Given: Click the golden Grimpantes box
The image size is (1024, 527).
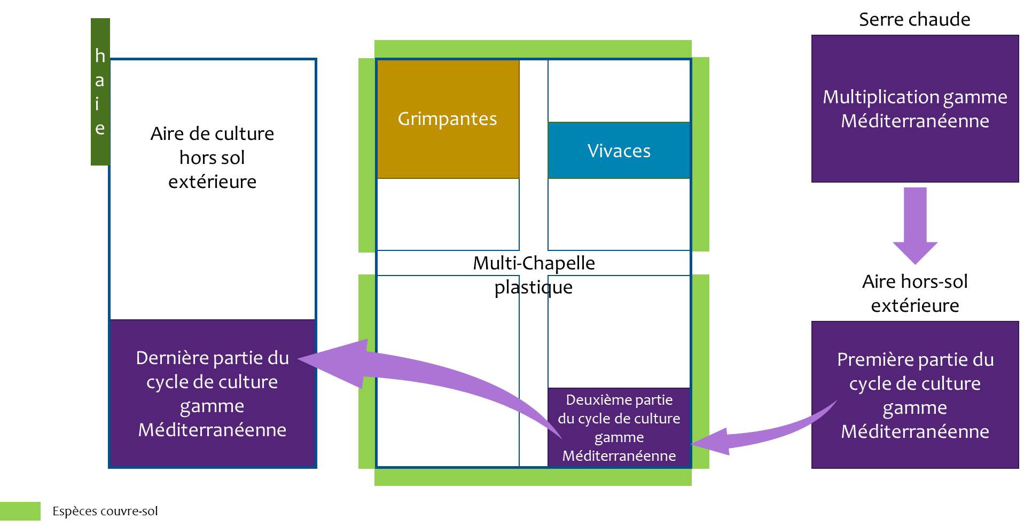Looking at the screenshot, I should (x=448, y=119).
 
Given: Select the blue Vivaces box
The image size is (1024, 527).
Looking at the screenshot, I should (x=619, y=151).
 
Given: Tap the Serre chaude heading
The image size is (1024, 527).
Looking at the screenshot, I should (x=914, y=20).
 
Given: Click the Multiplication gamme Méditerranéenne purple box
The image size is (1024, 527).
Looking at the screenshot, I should (x=914, y=109).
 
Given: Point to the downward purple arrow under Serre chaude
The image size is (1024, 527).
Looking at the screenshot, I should (x=914, y=224).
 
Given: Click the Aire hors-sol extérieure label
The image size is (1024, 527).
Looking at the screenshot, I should (x=914, y=293).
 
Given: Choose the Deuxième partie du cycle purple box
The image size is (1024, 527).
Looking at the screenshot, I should (x=619, y=427).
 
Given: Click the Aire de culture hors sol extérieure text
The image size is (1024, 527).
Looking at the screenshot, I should (x=212, y=158).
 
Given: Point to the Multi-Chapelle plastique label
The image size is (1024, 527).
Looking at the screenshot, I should (x=533, y=274).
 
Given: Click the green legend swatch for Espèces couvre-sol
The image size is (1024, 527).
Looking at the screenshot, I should (x=20, y=511).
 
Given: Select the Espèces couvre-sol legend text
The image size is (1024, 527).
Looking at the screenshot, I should (x=105, y=512).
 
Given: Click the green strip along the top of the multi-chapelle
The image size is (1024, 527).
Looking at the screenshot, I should (x=533, y=48).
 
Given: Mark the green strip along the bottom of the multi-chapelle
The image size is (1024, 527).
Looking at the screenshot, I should (x=533, y=477).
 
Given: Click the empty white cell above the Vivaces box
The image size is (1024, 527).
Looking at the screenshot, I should (x=619, y=91).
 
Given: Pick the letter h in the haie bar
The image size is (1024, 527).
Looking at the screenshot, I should (x=100, y=56).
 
